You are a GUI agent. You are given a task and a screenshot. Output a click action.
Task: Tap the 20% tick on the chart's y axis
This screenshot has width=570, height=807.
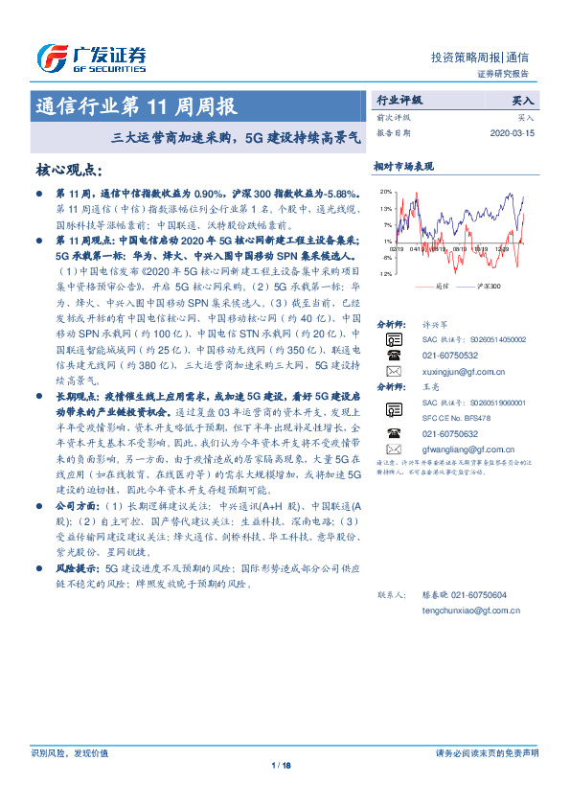385,191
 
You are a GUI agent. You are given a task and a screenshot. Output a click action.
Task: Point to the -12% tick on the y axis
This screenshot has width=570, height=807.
384,274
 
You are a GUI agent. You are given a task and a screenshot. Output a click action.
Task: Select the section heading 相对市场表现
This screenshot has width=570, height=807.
403,166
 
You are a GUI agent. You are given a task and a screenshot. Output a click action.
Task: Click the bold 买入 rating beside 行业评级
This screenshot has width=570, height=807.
523,99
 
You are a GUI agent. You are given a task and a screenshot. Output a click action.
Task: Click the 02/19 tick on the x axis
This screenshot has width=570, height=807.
397,247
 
